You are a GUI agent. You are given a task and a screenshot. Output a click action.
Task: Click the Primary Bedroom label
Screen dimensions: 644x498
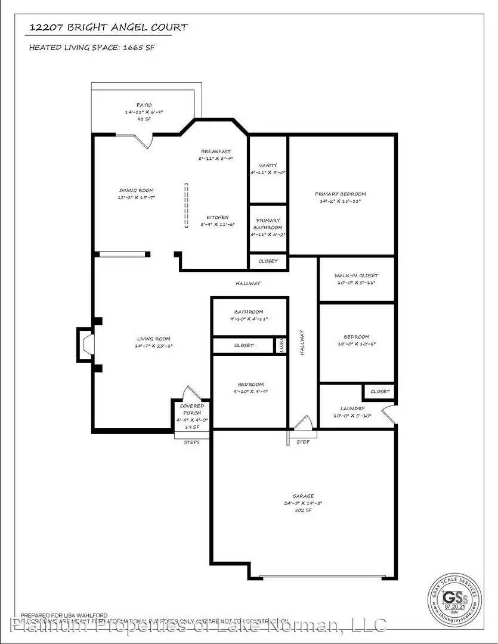click(341, 194)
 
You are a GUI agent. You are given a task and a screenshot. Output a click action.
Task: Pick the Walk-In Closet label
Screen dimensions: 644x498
click(356, 275)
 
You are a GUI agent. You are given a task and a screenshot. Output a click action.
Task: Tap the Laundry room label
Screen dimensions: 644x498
click(345, 409)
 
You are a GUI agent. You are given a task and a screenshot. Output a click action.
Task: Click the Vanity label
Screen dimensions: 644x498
click(268, 165)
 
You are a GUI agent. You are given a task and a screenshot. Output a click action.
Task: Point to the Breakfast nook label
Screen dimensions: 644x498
click(215, 151)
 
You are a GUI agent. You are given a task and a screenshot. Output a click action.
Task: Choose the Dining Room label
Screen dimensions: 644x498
click(137, 191)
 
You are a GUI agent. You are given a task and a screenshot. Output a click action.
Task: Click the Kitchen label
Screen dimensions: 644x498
click(217, 217)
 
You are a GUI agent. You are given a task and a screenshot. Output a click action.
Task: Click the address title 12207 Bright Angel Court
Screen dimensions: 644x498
click(109, 27)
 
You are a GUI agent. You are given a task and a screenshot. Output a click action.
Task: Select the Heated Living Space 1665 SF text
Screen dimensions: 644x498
click(92, 48)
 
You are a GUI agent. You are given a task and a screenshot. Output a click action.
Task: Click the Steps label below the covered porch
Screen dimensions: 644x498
click(191, 442)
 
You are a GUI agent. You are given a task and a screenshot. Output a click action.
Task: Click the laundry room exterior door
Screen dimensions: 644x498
click(388, 415)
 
